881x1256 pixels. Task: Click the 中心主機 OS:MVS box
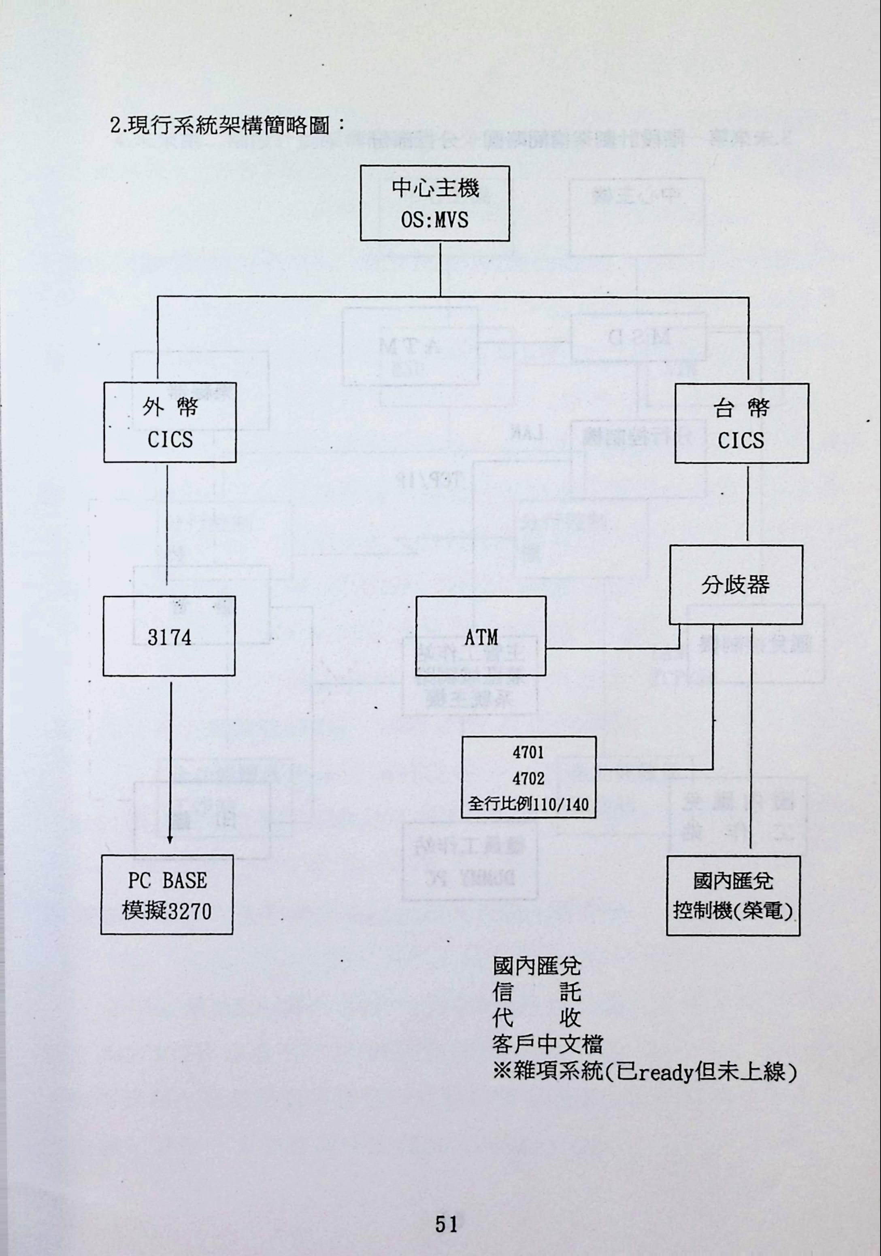434,204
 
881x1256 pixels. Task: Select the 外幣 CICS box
170,422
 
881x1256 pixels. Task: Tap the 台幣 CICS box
741,423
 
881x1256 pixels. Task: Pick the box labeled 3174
169,636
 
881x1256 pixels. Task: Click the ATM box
481,636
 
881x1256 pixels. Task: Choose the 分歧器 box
735,584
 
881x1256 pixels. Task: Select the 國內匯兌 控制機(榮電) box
733,896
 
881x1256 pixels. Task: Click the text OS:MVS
434,221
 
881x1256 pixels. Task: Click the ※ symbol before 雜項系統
501,1072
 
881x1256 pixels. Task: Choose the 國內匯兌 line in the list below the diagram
536,967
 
